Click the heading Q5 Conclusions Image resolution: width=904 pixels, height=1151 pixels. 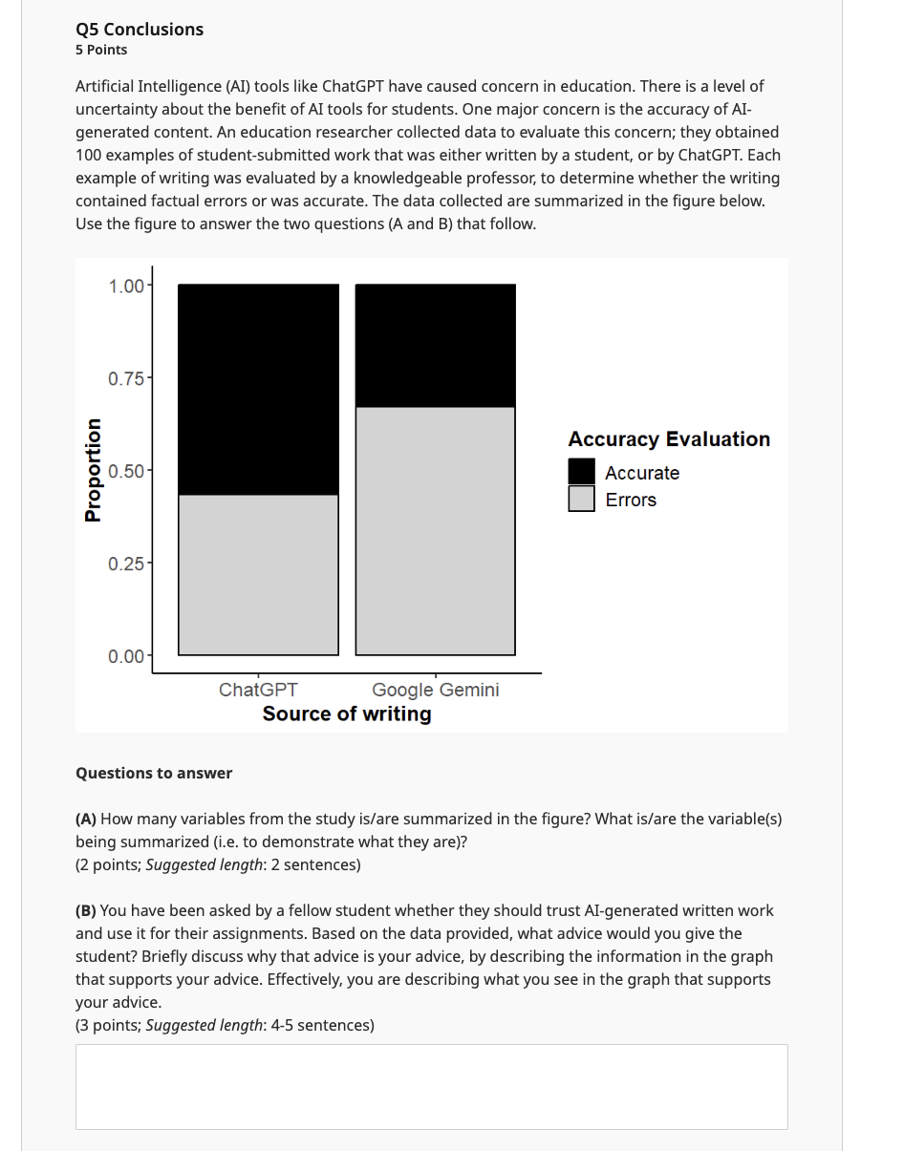click(140, 30)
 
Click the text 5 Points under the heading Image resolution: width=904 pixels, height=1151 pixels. click(101, 50)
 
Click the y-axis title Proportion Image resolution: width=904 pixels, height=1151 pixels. click(93, 470)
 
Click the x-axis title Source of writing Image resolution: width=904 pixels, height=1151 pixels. click(347, 714)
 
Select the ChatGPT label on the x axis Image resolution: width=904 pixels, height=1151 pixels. click(258, 690)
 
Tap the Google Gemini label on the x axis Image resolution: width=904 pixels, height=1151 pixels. click(435, 690)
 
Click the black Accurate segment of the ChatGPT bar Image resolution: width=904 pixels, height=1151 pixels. click(258, 389)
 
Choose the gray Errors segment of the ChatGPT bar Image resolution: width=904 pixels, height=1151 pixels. click(258, 574)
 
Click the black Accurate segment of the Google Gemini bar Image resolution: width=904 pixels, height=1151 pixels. click(435, 346)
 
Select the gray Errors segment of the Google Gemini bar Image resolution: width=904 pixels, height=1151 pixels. click(435, 531)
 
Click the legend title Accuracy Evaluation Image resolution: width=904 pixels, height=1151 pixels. click(669, 439)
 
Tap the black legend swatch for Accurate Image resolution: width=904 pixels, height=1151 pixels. click(581, 472)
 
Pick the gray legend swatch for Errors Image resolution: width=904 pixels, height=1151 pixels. click(581, 499)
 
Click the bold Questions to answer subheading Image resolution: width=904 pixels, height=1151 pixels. click(154, 773)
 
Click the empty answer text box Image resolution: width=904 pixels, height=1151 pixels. click(431, 1086)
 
